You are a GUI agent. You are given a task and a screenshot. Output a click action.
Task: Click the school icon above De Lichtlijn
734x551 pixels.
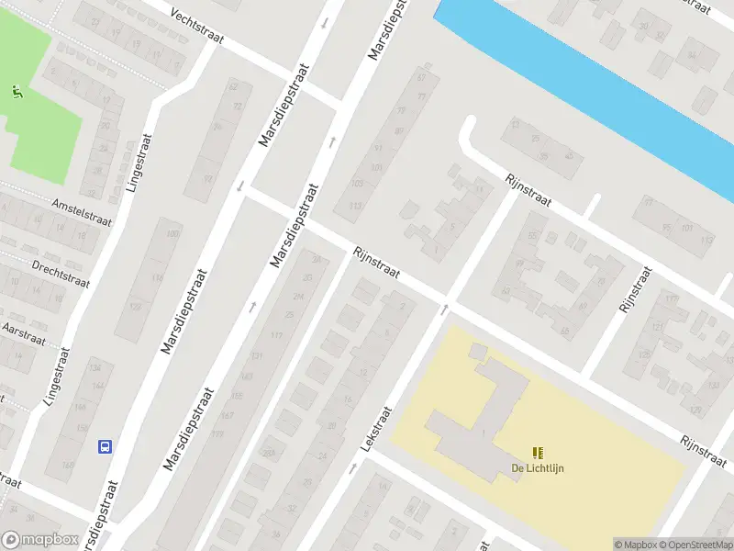point(538,452)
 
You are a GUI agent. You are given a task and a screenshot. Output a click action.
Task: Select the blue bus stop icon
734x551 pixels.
point(106,446)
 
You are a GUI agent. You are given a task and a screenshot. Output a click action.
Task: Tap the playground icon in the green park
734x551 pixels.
point(17,91)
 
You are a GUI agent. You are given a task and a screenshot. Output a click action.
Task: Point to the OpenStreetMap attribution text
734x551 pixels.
point(694,545)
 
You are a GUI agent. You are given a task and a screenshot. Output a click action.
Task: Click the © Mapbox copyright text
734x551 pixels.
point(634,545)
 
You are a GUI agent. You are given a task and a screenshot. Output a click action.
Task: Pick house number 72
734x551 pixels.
point(238,107)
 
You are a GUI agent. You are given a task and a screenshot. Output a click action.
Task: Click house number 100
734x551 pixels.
point(172,234)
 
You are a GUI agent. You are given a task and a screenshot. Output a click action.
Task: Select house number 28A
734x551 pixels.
point(317,261)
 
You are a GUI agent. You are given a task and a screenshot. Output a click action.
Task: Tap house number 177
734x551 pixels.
point(217,433)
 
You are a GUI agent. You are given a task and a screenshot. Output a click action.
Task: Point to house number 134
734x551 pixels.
point(94,367)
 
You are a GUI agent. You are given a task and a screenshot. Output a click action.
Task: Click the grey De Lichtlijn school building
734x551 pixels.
point(477,413)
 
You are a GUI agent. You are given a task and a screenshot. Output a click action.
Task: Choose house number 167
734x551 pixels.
point(226,416)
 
